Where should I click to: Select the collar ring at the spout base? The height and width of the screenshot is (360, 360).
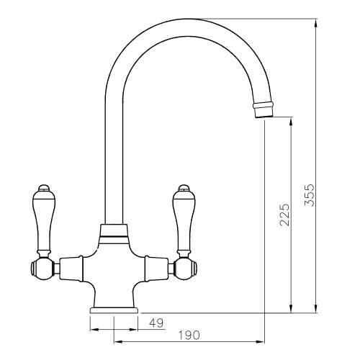point(114,230)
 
